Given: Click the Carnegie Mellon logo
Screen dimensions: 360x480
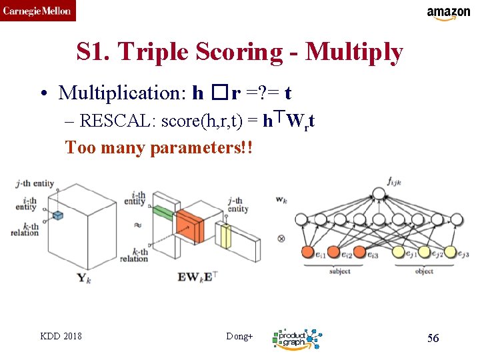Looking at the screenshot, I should pyautogui.click(x=38, y=11).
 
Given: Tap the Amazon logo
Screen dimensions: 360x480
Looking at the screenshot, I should pyautogui.click(x=448, y=13).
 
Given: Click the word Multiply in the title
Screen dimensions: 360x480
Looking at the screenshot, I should pyautogui.click(x=354, y=52).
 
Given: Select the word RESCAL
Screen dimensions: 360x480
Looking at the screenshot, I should pyautogui.click(x=109, y=121).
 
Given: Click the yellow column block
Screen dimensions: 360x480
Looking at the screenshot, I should pyautogui.click(x=225, y=235).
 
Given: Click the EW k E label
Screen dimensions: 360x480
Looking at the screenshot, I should pyautogui.click(x=197, y=275).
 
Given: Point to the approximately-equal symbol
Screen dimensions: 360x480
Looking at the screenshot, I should pyautogui.click(x=138, y=225).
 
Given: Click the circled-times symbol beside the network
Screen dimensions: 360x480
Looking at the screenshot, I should pyautogui.click(x=281, y=238).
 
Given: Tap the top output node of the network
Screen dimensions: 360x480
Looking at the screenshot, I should pyautogui.click(x=379, y=194).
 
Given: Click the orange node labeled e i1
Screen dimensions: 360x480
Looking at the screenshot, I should pyautogui.click(x=307, y=252).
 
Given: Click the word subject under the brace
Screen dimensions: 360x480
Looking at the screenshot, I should pyautogui.click(x=339, y=272).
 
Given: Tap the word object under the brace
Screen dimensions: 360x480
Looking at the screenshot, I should pyautogui.click(x=424, y=272).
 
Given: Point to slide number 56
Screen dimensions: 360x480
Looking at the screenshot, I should pyautogui.click(x=433, y=338).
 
